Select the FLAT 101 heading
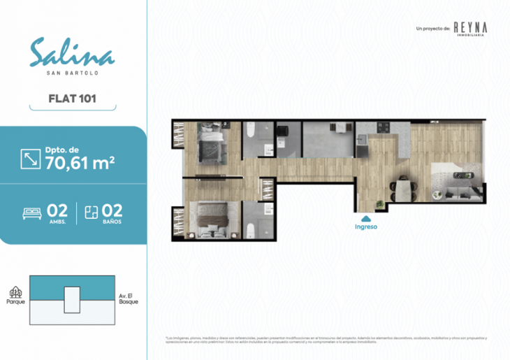(73, 99)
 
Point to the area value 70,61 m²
(80, 163)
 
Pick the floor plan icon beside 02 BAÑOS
(90, 212)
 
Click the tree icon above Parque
(15, 292)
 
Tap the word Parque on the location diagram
(15, 303)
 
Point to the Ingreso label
(367, 226)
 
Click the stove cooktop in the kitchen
(384, 127)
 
